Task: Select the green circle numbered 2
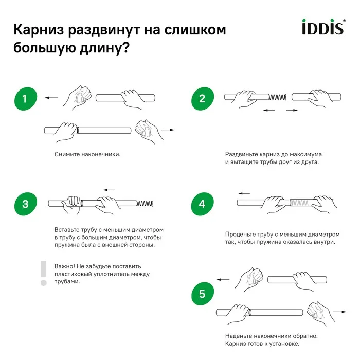(202, 99)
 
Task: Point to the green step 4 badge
(202, 204)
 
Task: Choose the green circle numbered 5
(202, 294)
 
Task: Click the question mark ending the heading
(125, 50)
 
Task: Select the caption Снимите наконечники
(87, 154)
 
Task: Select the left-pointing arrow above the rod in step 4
(244, 193)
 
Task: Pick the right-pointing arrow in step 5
(339, 312)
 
